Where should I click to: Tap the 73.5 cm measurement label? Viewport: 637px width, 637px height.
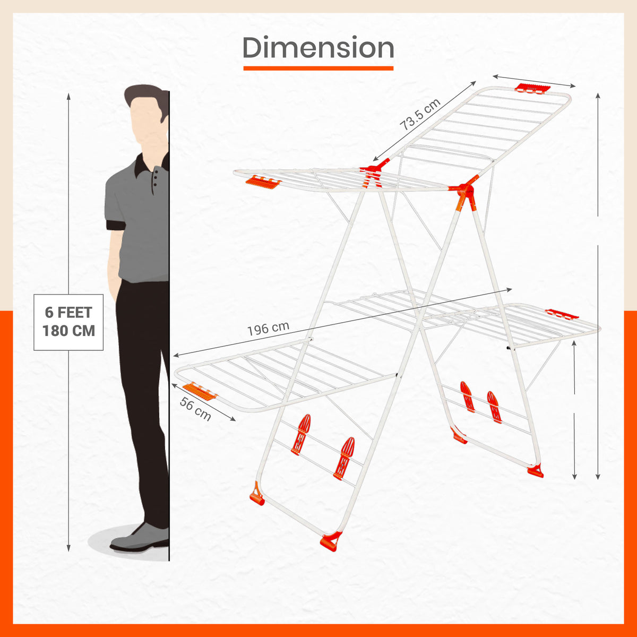(420, 115)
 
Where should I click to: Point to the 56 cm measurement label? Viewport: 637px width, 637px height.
(195, 409)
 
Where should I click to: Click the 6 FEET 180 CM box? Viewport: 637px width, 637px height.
(68, 322)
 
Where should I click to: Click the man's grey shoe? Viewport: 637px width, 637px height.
(139, 537)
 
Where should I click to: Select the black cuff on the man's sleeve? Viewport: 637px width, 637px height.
(116, 225)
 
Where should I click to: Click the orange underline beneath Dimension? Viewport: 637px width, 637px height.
(318, 68)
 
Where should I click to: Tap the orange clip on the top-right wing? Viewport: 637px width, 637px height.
(531, 88)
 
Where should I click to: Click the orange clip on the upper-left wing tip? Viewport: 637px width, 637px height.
(263, 182)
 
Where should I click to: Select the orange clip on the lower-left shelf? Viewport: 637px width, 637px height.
(200, 391)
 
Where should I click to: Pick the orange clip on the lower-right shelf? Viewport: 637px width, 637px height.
(562, 314)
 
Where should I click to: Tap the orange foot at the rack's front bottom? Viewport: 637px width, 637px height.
(330, 541)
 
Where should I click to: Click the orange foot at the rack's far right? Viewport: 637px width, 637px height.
(536, 471)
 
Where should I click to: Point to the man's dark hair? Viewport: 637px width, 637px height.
(145, 96)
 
